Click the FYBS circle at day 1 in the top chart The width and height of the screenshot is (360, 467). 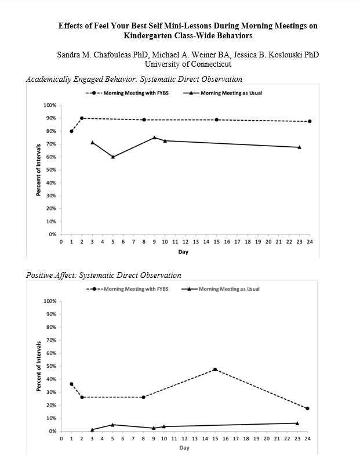click(x=71, y=131)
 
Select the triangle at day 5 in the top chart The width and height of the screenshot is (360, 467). click(x=113, y=157)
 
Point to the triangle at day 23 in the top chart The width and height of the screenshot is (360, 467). click(x=299, y=147)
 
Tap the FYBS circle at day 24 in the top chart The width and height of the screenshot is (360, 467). click(x=310, y=121)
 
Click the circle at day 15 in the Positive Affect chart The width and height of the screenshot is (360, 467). click(x=216, y=370)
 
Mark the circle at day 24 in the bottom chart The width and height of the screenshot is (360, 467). click(x=307, y=408)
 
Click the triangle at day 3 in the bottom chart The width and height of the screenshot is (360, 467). click(x=92, y=430)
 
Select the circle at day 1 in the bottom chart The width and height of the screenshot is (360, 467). click(x=71, y=384)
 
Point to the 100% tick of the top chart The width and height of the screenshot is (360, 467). click(x=50, y=106)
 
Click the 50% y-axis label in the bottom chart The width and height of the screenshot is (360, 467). click(x=50, y=366)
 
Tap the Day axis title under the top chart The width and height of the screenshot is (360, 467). click(x=183, y=252)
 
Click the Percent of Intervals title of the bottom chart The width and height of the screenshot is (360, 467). click(x=39, y=365)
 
